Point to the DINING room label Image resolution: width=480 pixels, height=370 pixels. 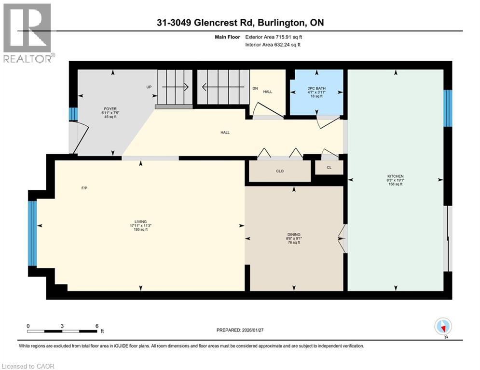coord(294,235)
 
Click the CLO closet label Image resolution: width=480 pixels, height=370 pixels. coord(279,171)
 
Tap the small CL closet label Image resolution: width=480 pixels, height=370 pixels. coord(329,168)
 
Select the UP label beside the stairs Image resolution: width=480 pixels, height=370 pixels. coord(150,87)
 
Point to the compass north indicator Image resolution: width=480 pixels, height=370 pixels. coord(442,327)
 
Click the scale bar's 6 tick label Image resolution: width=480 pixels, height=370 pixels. coord(97,326)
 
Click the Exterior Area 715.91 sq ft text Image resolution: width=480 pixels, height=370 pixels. coord(274,37)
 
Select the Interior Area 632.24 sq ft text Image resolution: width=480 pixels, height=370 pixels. coord(273,45)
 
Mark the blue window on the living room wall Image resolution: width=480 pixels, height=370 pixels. coord(32,233)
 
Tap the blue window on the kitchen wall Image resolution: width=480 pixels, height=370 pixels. coord(448,108)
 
